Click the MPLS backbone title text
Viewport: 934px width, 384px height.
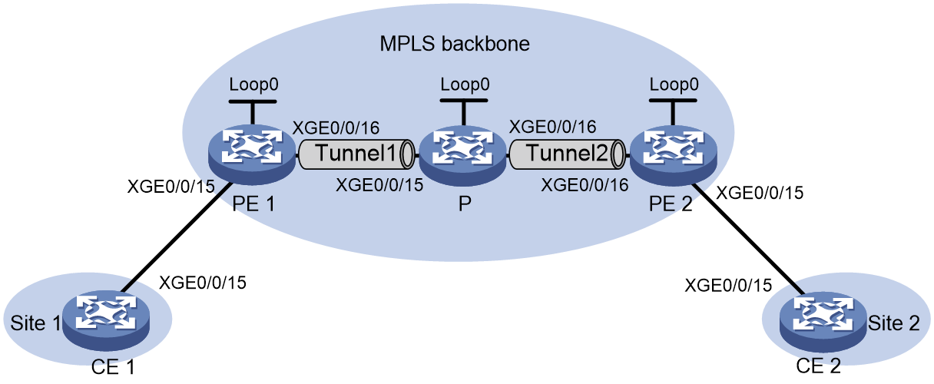click(x=455, y=44)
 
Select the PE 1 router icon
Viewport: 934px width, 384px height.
click(x=252, y=154)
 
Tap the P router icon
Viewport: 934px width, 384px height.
click(x=462, y=154)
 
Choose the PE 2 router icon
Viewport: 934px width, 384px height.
click(x=674, y=155)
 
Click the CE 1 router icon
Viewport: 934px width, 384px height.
click(x=106, y=320)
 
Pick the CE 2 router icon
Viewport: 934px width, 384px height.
click(x=823, y=322)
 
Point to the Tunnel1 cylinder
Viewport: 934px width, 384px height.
click(x=356, y=154)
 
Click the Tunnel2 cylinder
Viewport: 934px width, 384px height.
click(x=567, y=154)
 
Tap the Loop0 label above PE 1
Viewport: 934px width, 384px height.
click(x=253, y=84)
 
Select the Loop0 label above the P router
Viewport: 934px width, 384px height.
click(x=465, y=84)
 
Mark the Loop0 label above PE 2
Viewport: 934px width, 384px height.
click(x=674, y=84)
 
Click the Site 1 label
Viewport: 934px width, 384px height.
click(x=36, y=323)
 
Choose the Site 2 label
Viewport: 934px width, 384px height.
click(x=893, y=323)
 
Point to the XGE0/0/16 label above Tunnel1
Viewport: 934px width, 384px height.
click(x=336, y=128)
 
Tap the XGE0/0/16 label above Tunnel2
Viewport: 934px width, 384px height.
click(x=552, y=127)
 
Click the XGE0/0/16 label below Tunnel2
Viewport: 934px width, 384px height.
click(x=585, y=184)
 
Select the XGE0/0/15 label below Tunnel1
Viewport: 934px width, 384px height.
click(x=379, y=184)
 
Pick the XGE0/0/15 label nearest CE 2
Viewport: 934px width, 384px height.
click(x=728, y=285)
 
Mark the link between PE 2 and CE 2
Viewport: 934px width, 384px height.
click(x=747, y=239)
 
